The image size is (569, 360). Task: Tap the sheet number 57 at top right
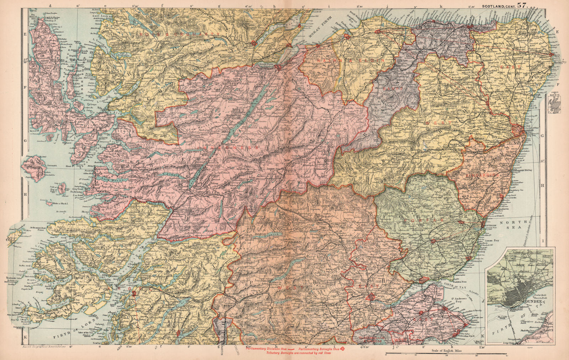[x=523, y=5]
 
